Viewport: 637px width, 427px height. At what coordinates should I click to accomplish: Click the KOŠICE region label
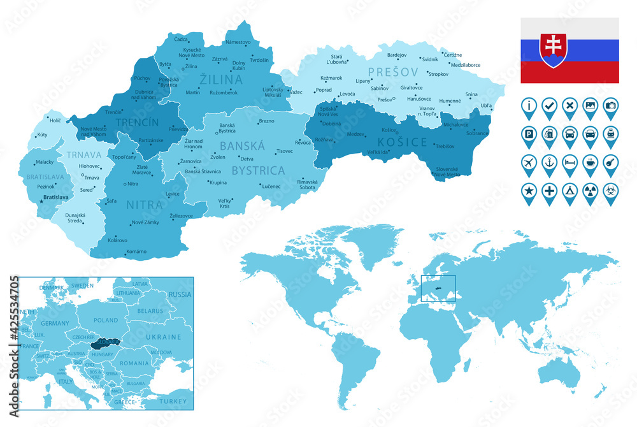(403, 141)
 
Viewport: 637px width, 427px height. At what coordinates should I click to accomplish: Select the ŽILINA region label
(221, 80)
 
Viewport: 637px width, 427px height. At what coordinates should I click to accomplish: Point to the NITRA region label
(145, 205)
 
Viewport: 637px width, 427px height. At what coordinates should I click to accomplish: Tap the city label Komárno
(136, 252)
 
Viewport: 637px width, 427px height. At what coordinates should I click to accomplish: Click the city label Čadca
(181, 40)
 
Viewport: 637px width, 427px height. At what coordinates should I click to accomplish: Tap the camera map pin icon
(610, 105)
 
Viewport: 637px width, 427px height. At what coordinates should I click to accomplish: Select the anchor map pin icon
(549, 161)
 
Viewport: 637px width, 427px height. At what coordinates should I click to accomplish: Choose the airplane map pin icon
(529, 161)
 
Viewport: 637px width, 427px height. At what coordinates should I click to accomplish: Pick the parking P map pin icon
(529, 133)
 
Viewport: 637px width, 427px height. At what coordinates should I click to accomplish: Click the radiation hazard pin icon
(590, 190)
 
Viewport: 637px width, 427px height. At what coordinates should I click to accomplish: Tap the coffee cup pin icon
(590, 161)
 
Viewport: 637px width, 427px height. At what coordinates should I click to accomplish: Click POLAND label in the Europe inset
(106, 320)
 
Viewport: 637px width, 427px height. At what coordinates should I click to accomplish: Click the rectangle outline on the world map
(438, 289)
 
